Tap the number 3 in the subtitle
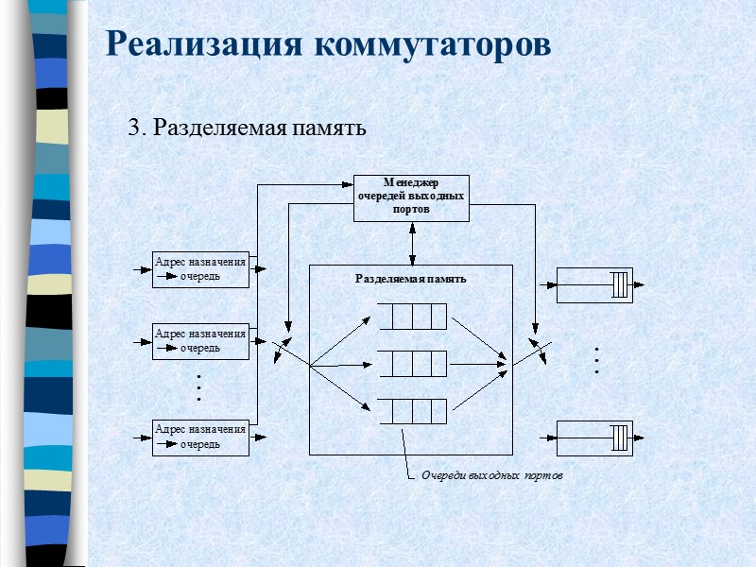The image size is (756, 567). (133, 127)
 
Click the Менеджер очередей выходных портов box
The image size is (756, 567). (411, 197)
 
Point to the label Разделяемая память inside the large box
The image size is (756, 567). (410, 279)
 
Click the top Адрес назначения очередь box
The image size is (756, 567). (200, 268)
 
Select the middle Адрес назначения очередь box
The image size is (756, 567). (200, 340)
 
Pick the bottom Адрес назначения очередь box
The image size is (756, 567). (200, 436)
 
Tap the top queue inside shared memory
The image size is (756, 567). (412, 316)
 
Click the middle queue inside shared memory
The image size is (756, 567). (412, 364)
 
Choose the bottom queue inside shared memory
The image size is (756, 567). (412, 411)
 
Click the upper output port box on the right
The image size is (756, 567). (594, 283)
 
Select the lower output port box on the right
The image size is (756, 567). (594, 438)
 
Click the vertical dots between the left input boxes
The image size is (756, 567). (199, 387)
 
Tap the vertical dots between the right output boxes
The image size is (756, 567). (597, 360)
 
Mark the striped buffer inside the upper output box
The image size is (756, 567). (618, 283)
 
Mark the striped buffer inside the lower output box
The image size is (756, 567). (618, 438)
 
